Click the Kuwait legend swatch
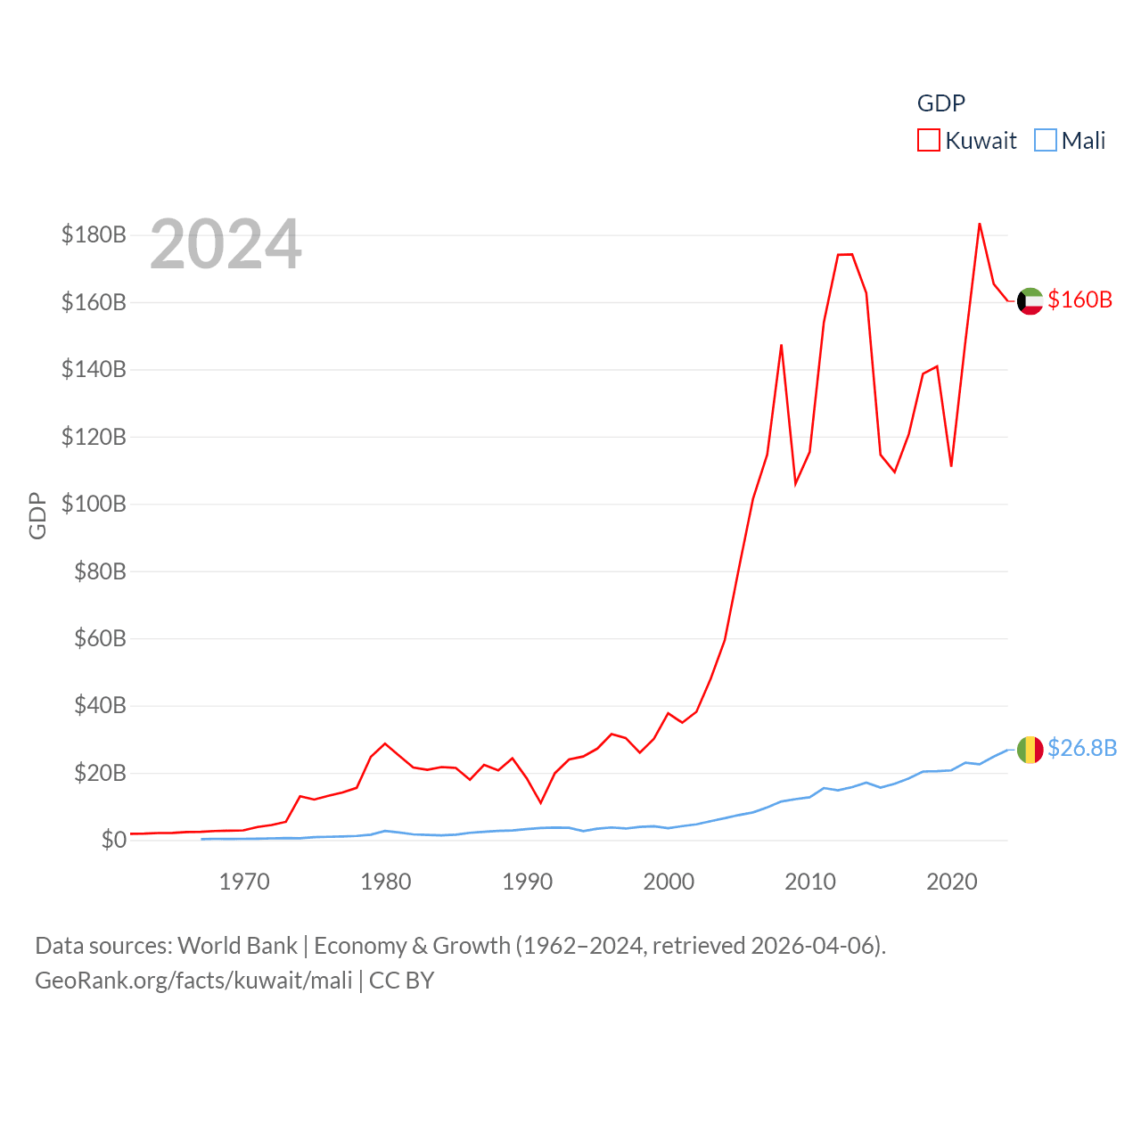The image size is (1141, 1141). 929,141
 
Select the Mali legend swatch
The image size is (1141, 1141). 1046,141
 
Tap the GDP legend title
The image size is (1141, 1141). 941,103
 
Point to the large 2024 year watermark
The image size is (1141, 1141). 226,244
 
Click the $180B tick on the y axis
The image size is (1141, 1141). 94,234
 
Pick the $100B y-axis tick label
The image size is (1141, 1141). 94,504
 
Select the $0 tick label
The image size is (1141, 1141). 113,840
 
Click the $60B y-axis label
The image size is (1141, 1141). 100,638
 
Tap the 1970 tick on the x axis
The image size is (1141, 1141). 244,882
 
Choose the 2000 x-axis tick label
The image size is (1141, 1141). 669,882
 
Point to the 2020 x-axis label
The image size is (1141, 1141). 952,882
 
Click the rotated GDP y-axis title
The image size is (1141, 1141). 37,515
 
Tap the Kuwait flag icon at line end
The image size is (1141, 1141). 1030,301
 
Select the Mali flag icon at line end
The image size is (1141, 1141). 1030,750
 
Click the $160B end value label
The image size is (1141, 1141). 1080,300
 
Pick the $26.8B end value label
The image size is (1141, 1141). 1082,748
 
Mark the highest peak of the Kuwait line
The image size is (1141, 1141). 980,224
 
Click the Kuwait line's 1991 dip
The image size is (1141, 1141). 540,802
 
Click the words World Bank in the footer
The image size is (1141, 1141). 238,945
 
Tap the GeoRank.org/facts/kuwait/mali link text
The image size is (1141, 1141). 193,981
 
